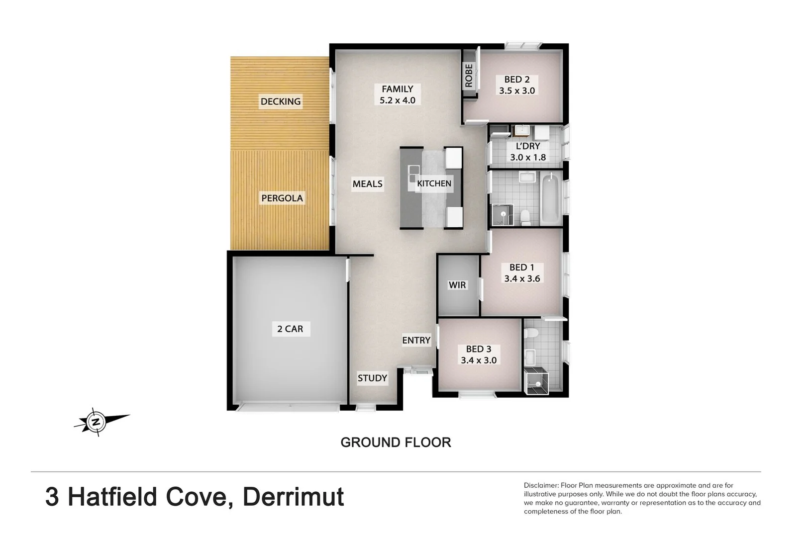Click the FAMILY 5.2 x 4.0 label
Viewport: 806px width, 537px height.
coord(397,94)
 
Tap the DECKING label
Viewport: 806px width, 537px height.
coord(281,101)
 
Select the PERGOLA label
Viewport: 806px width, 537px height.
coord(282,198)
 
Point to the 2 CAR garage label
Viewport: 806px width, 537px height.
coord(290,329)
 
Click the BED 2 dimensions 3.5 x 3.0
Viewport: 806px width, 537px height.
coord(517,91)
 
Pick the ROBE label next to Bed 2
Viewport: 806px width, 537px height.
coord(469,76)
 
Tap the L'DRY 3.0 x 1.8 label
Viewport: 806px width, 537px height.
coord(528,152)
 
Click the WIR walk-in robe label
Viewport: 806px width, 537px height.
coord(457,285)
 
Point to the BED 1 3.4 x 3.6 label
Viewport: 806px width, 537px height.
coord(522,273)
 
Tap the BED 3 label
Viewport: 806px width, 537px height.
coord(479,349)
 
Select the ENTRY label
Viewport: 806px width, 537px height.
coord(416,340)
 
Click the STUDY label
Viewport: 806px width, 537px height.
coord(372,378)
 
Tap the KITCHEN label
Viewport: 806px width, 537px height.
coord(434,183)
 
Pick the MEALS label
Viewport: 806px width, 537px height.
coord(367,184)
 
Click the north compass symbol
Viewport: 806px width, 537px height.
coord(96,422)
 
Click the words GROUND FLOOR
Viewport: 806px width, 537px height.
coord(396,442)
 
